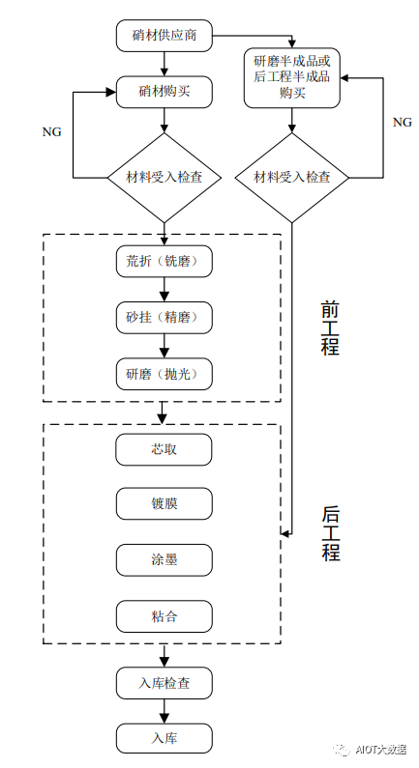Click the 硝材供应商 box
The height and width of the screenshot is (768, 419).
point(164,36)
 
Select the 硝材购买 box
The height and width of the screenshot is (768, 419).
point(164,92)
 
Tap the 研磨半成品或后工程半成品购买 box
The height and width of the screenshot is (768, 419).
point(292,76)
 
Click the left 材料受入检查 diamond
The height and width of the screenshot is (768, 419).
point(164,178)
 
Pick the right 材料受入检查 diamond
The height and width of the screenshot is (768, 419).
point(292,178)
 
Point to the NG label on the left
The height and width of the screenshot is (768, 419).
point(52,131)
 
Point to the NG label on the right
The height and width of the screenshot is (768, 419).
point(402,123)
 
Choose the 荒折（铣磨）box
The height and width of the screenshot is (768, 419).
point(164,262)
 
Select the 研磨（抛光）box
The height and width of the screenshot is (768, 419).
point(164,374)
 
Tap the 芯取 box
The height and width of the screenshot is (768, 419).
point(164,449)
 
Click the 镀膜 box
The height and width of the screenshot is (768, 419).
point(164,504)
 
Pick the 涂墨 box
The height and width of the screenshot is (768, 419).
point(164,559)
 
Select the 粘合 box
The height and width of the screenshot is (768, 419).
point(164,615)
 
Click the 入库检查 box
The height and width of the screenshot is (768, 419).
point(164,683)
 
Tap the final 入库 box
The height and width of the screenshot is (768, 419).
point(164,739)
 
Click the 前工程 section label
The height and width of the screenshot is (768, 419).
point(330,327)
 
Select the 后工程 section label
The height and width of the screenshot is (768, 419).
point(330,534)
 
